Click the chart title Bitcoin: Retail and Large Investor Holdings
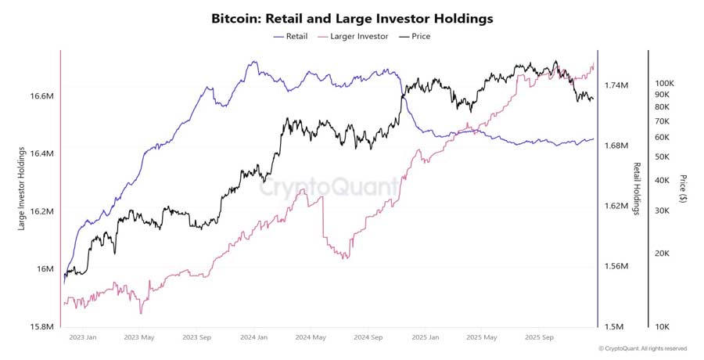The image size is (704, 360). tap(352, 18)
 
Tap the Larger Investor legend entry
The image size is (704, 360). tap(353, 36)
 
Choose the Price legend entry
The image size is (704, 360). tap(415, 36)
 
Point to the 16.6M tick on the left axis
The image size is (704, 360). tap(41, 96)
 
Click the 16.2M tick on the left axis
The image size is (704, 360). tap(41, 211)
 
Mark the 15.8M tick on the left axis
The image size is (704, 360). tap(41, 326)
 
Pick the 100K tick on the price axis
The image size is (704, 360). tap(664, 83)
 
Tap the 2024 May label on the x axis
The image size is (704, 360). tap(310, 338)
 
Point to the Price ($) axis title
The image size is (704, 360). tap(683, 189)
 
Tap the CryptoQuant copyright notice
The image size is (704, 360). tap(643, 349)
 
